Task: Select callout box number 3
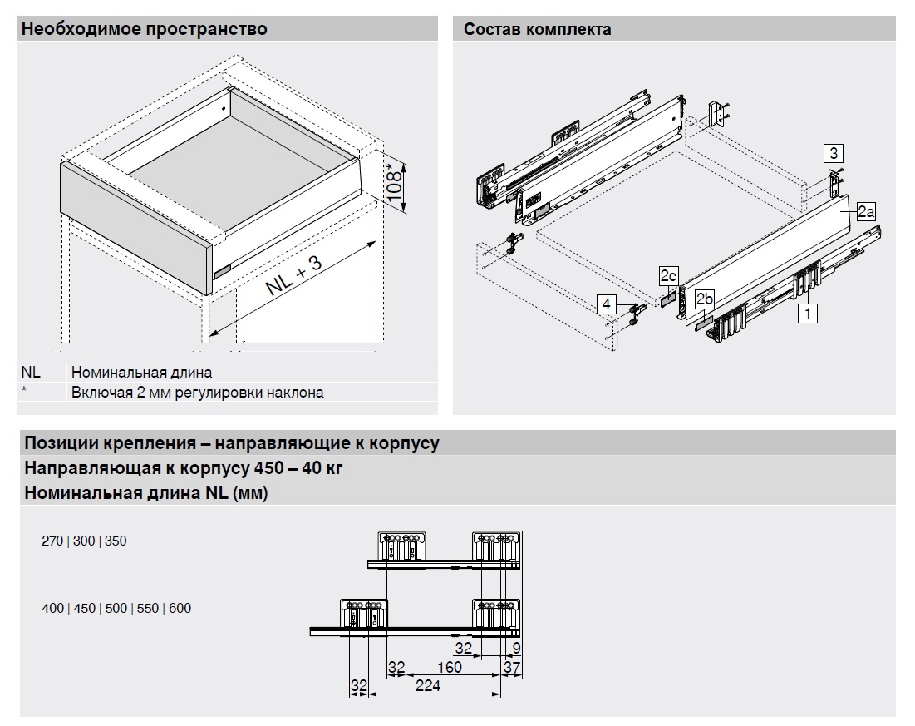[x=834, y=153]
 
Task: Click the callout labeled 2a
[x=866, y=211]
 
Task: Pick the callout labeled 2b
[x=705, y=299]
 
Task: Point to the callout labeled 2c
[x=669, y=275]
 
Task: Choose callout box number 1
[x=805, y=313]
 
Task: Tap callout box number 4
[x=608, y=304]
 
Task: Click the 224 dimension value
[x=429, y=685]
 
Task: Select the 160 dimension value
[x=449, y=667]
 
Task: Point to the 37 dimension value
[x=512, y=667]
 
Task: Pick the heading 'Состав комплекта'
[x=537, y=29]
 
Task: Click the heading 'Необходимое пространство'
[x=145, y=29]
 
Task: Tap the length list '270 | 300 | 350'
[x=84, y=541]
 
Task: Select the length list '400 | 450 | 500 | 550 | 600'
[x=116, y=608]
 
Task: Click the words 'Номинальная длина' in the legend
[x=141, y=373]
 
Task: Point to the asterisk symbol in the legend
[x=25, y=391]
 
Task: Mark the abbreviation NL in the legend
[x=31, y=373]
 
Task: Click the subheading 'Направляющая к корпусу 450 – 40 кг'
[x=184, y=467]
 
